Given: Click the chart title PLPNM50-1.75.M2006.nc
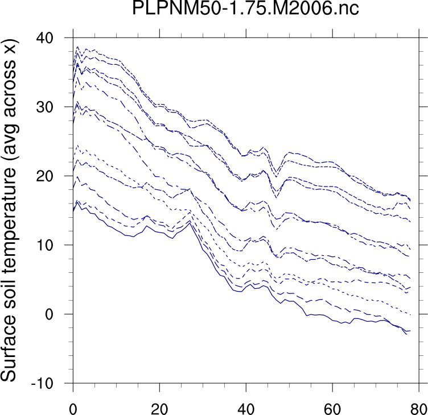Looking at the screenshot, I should click(x=245, y=10).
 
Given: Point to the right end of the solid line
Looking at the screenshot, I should click(x=410, y=330).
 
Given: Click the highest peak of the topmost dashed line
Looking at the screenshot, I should click(x=78, y=47).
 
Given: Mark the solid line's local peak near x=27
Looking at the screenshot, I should click(x=190, y=222).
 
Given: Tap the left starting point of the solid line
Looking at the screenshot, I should click(x=73, y=211).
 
